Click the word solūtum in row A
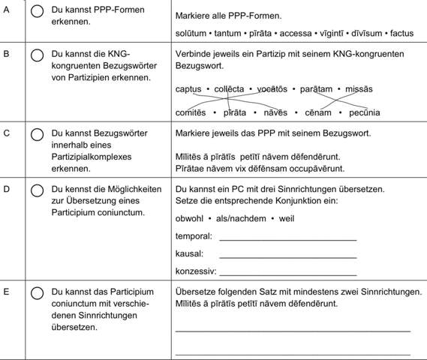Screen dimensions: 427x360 (192, 34)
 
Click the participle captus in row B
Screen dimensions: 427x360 (188, 89)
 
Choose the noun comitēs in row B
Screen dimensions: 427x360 (191, 112)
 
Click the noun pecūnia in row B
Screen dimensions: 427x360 (363, 112)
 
